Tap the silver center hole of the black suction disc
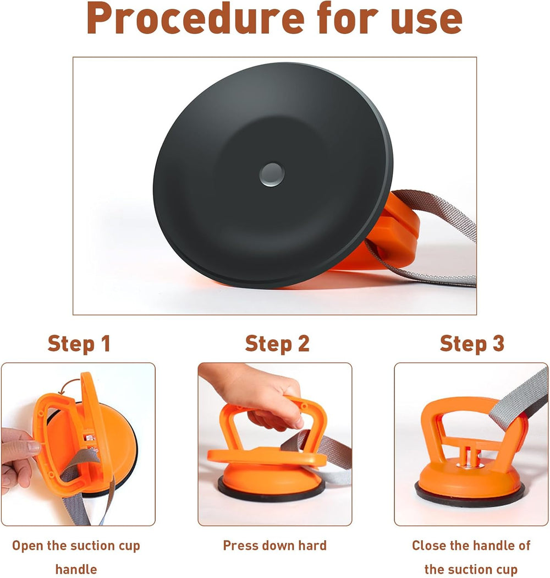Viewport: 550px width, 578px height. [272, 174]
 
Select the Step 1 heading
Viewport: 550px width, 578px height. [79, 343]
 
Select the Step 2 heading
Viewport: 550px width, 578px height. [277, 343]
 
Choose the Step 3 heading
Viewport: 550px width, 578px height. [471, 343]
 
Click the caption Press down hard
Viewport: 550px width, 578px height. [274, 546]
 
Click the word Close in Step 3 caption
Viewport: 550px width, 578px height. [429, 546]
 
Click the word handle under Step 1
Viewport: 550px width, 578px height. [76, 569]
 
